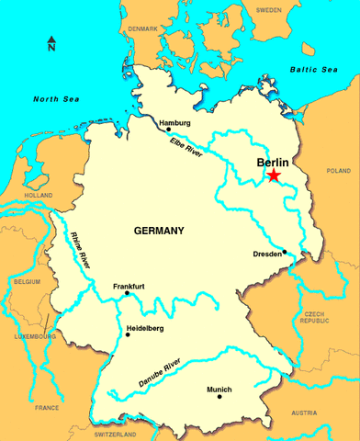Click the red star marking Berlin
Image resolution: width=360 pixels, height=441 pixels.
pyautogui.click(x=274, y=175)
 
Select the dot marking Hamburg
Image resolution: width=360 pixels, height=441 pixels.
pyautogui.click(x=168, y=130)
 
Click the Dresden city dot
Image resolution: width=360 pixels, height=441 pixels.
pyautogui.click(x=286, y=252)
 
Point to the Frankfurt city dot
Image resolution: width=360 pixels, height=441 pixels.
pyautogui.click(x=127, y=294)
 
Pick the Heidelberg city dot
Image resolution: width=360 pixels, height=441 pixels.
pyautogui.click(x=128, y=334)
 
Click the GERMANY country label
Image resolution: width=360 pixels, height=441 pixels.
pyautogui.click(x=159, y=230)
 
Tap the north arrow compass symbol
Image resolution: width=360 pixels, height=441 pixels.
pyautogui.click(x=51, y=44)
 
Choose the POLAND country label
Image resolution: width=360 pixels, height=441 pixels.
pyautogui.click(x=338, y=171)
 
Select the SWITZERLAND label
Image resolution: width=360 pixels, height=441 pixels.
pyautogui.click(x=114, y=434)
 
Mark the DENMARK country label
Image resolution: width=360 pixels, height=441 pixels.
pyautogui.click(x=142, y=28)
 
